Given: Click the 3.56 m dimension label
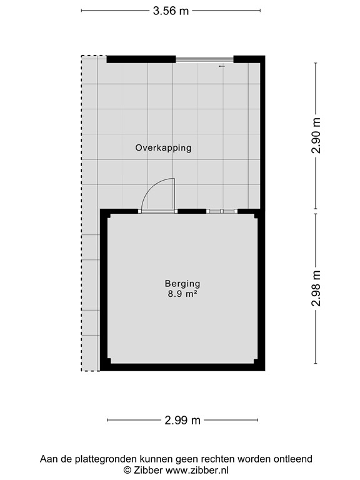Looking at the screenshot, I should tap(171, 11).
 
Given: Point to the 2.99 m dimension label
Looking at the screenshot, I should tap(182, 421).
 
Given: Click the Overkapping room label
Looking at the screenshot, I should tap(163, 148).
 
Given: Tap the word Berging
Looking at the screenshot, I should tap(182, 283).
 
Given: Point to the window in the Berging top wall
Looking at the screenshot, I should tap(222, 211).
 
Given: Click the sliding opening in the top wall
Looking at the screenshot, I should tap(204, 59).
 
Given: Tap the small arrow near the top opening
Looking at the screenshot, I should tap(221, 66).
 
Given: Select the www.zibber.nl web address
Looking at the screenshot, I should tap(197, 469).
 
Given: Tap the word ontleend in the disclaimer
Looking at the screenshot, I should tap(293, 459).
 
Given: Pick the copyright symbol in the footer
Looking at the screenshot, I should tap(127, 469).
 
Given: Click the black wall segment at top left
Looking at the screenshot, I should tap(141, 59).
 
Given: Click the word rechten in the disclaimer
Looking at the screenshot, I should tap(223, 459).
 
